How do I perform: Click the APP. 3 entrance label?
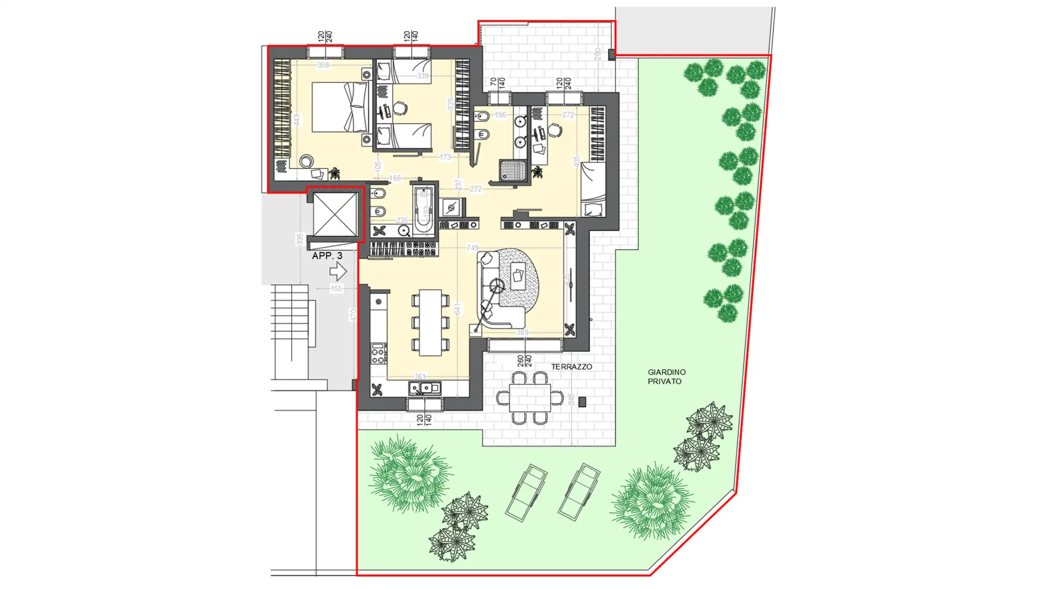(327, 256)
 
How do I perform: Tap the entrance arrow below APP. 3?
(338, 271)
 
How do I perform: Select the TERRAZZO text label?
(571, 367)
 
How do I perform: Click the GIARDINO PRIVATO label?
(666, 376)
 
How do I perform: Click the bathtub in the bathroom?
(423, 210)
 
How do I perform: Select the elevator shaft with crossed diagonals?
(335, 215)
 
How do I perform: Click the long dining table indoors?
(430, 322)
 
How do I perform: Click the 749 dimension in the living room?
(472, 247)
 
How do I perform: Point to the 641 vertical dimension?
(458, 309)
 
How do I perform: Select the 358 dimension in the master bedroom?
(323, 65)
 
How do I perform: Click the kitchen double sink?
(424, 389)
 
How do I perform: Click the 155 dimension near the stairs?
(336, 288)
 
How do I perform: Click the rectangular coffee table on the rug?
(518, 276)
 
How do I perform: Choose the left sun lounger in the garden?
(526, 492)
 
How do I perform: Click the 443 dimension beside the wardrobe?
(297, 120)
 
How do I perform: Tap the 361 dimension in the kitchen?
(420, 376)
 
